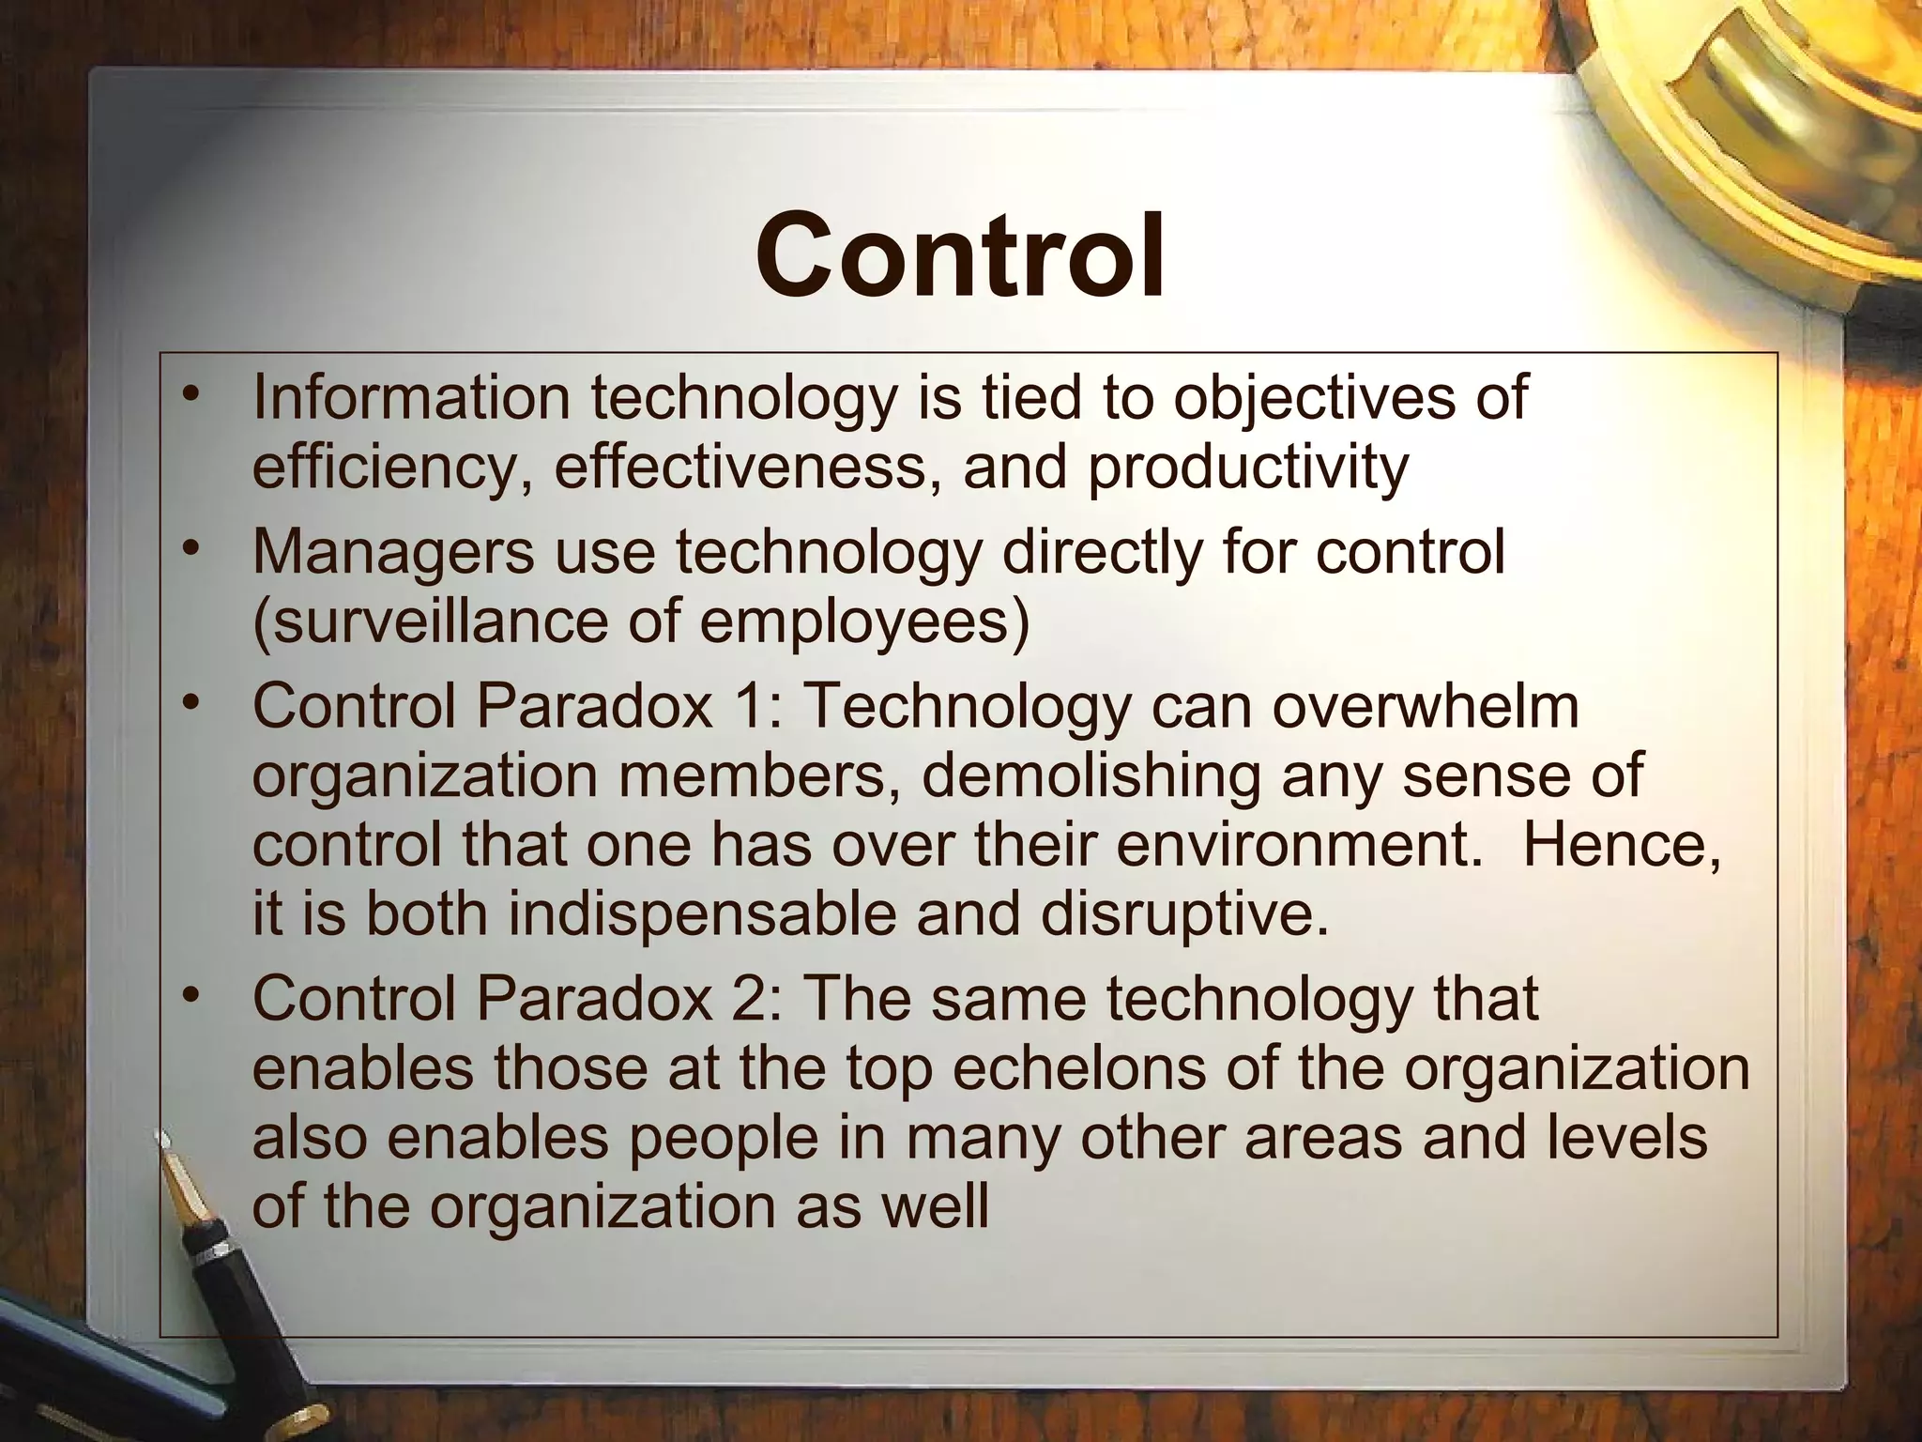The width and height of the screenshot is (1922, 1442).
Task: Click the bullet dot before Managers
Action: point(191,546)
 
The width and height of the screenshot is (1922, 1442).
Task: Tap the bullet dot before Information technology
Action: point(191,392)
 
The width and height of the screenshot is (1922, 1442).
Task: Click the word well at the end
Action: point(929,1207)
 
